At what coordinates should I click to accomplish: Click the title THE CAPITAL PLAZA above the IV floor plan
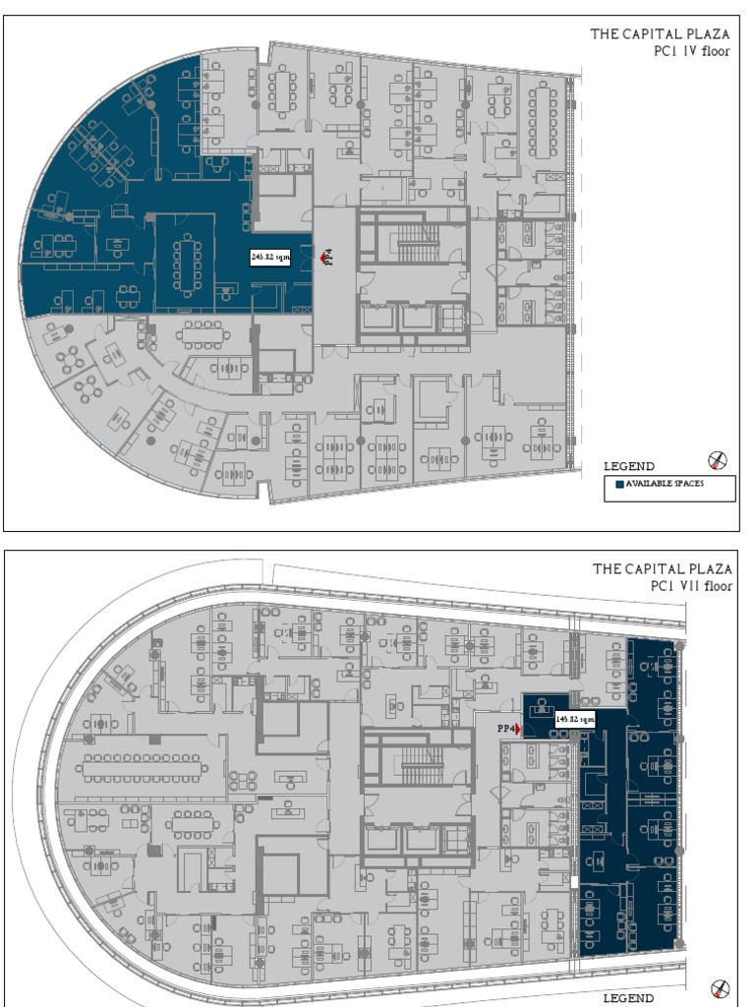[x=660, y=33]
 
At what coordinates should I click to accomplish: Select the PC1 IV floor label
[x=692, y=51]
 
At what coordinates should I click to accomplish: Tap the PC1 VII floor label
[x=691, y=586]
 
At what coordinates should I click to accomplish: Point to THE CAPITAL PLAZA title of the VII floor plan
[x=662, y=568]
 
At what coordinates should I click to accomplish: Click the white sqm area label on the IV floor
[x=270, y=257]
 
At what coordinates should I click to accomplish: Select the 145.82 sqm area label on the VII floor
[x=575, y=719]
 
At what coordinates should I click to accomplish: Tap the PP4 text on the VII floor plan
[x=505, y=729]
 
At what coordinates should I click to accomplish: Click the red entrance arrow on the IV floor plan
[x=323, y=258]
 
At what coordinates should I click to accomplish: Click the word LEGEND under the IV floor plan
[x=629, y=466]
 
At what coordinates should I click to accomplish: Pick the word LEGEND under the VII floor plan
[x=628, y=998]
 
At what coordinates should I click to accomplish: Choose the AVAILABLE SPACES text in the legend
[x=665, y=484]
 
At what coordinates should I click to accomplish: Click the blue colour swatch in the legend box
[x=618, y=484]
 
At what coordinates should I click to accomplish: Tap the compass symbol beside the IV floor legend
[x=719, y=460]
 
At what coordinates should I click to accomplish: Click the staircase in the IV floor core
[x=418, y=242]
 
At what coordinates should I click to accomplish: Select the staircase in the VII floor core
[x=421, y=764]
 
